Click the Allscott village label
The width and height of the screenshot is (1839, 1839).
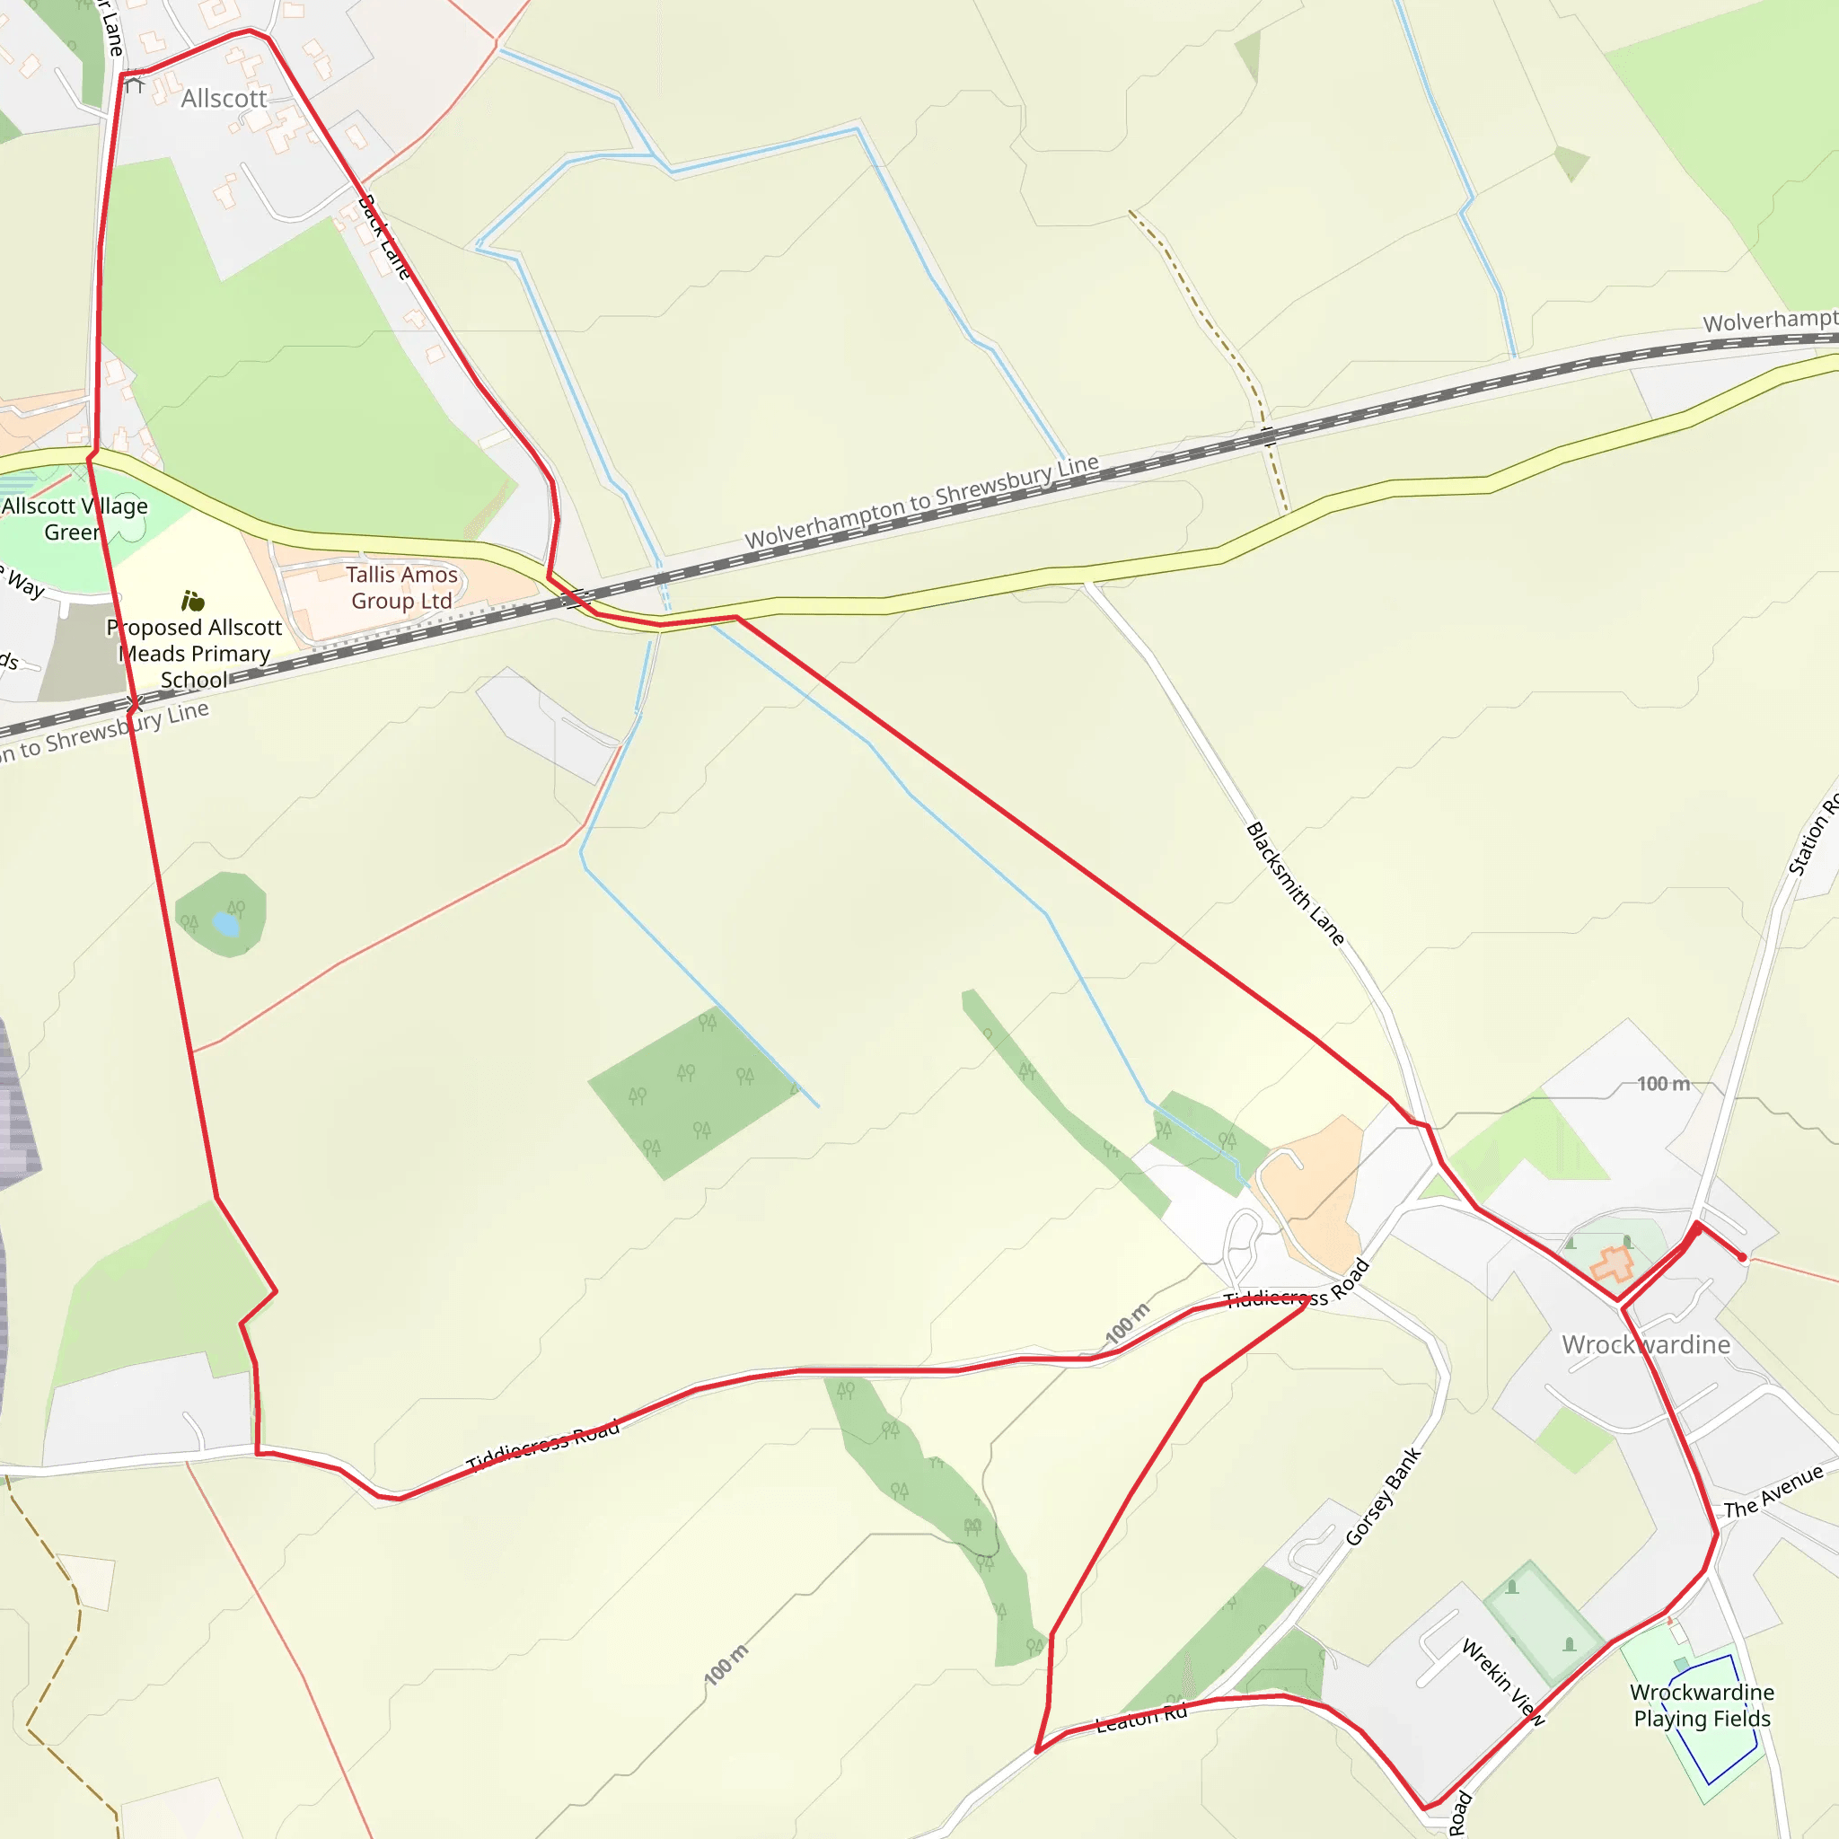(x=224, y=99)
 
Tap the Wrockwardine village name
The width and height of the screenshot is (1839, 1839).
(x=1646, y=1344)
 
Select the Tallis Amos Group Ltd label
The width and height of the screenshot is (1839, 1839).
(x=401, y=587)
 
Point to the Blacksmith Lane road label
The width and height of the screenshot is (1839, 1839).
(x=1295, y=884)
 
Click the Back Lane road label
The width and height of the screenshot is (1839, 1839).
(x=384, y=237)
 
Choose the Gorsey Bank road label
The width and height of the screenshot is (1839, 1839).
(x=1383, y=1496)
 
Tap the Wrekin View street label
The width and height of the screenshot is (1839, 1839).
(x=1503, y=1682)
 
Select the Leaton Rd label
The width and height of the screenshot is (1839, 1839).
(x=1141, y=1719)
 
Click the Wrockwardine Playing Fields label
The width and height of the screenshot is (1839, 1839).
(x=1702, y=1705)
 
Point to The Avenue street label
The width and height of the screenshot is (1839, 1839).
(x=1773, y=1491)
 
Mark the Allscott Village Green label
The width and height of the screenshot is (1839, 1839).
(x=75, y=519)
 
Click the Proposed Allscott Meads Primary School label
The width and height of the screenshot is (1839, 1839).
(x=194, y=653)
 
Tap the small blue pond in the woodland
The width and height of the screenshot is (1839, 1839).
(x=225, y=923)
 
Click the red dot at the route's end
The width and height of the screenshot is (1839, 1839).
(x=1743, y=1257)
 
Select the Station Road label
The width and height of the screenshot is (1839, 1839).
(x=1813, y=836)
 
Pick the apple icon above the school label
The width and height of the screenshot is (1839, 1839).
(x=193, y=601)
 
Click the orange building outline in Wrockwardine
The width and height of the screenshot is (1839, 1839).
(x=1613, y=1264)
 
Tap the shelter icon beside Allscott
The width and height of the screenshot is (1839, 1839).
(x=134, y=84)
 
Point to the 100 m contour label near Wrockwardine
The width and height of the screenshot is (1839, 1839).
(x=1663, y=1083)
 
